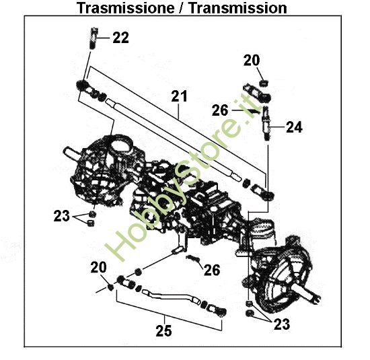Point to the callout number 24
(294, 126)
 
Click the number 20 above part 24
(251, 61)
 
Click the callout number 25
(164, 330)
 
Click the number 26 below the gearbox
(212, 270)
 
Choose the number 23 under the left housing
(61, 216)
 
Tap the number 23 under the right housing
(282, 325)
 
